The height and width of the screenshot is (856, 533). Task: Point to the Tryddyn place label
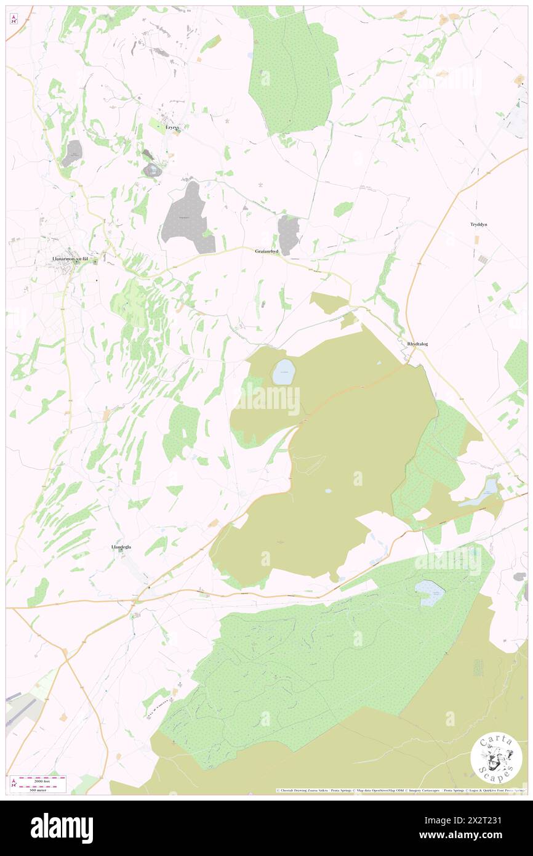[475, 225]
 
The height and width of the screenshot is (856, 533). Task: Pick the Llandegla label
[121, 547]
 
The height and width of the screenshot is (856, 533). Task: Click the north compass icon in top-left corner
[14, 19]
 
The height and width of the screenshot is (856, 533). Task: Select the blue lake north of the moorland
[284, 372]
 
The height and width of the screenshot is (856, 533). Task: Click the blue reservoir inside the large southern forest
[430, 592]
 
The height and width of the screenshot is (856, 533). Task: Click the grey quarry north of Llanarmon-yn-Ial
[72, 153]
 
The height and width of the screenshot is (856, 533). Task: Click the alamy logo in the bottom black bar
[62, 828]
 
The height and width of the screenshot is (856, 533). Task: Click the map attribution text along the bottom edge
[400, 790]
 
